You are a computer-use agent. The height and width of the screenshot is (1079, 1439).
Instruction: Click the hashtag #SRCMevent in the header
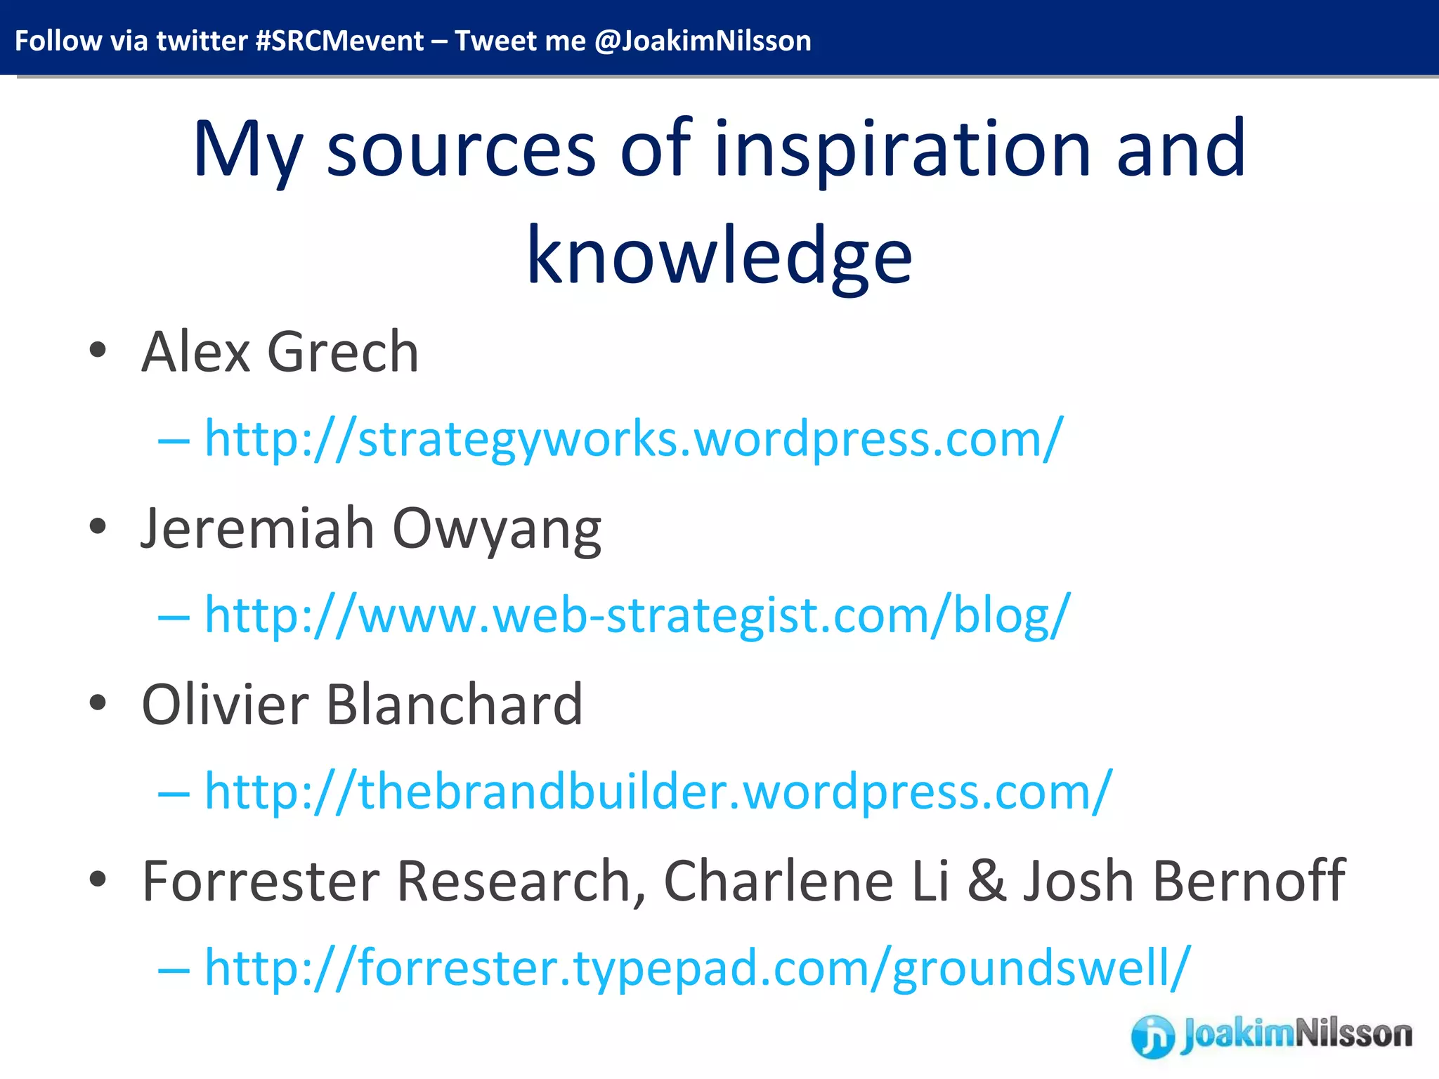tap(339, 41)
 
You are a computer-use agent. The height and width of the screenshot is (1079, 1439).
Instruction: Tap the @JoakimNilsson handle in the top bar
tap(703, 41)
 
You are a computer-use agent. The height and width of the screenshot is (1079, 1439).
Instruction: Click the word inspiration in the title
tap(903, 150)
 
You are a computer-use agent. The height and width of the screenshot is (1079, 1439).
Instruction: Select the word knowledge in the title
tap(719, 256)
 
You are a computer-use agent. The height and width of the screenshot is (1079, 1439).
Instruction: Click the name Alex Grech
tap(280, 352)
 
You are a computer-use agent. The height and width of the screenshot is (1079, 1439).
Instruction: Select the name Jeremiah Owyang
tap(371, 529)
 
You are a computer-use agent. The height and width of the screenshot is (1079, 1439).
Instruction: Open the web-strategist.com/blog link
tap(637, 615)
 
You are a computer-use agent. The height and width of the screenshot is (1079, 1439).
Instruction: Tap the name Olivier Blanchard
tap(362, 705)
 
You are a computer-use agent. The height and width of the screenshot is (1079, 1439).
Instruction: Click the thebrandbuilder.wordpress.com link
tap(658, 792)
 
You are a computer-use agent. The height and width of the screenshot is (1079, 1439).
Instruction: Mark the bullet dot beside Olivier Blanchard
tap(98, 703)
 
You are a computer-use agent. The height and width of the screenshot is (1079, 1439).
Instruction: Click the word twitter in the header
tap(202, 41)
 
